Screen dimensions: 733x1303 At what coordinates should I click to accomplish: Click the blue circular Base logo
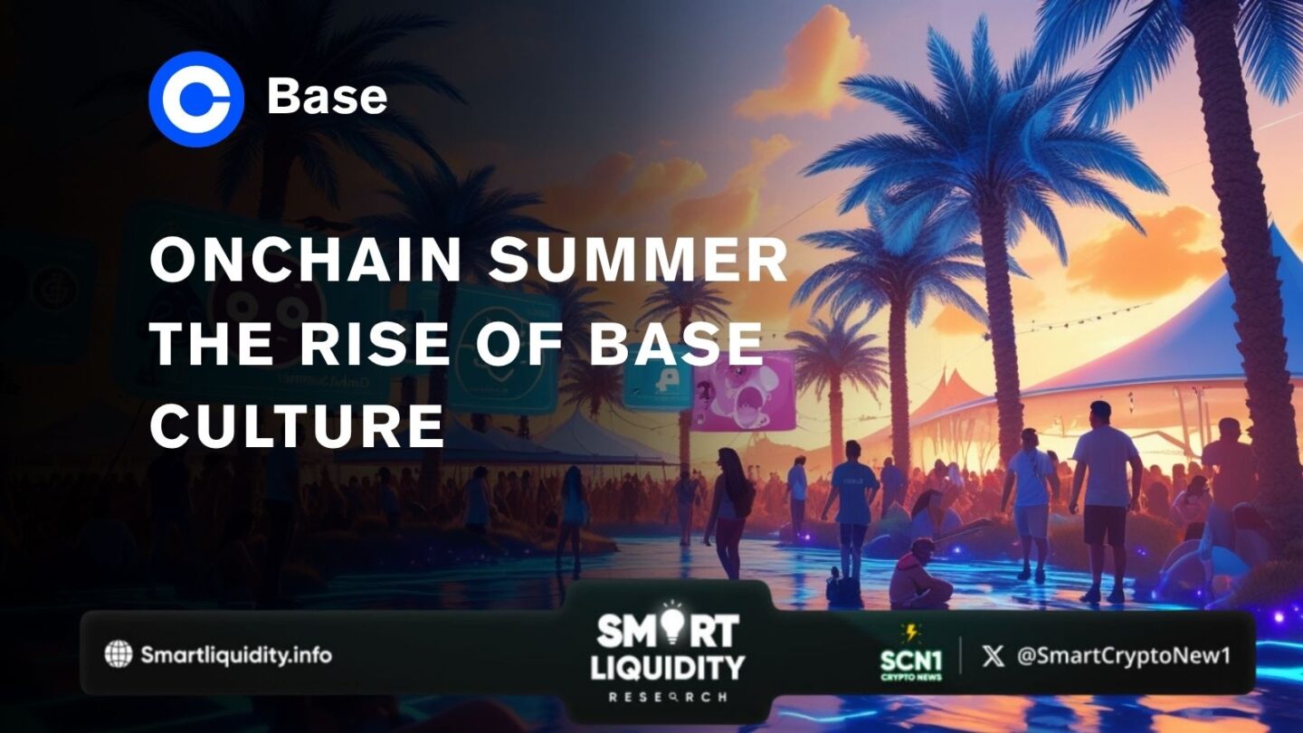click(196, 99)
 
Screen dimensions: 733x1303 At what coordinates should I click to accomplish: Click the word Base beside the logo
click(327, 98)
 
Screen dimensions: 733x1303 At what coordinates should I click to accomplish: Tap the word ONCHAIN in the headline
click(306, 262)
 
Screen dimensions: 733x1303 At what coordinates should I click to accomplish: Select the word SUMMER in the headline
click(639, 262)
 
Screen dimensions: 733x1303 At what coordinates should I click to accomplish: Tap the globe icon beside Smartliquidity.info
click(118, 654)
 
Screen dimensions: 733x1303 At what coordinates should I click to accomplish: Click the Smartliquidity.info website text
click(236, 654)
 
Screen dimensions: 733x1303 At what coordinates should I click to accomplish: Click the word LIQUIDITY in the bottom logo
click(668, 667)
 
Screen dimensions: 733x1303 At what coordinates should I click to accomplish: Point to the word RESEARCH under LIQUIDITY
click(667, 698)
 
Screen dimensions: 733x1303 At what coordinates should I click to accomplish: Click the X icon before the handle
click(993, 655)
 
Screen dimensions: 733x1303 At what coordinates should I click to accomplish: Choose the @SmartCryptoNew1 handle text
click(1123, 655)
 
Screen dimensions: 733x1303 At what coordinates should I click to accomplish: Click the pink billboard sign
click(744, 390)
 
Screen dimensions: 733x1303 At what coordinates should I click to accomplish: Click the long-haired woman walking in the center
click(728, 507)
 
